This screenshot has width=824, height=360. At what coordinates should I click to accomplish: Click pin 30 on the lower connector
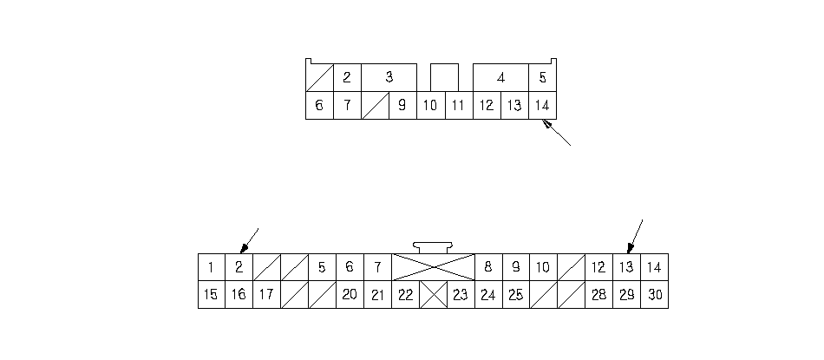tap(655, 295)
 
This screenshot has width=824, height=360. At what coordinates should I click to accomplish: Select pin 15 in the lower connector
tap(211, 295)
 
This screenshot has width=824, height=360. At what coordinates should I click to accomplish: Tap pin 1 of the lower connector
tap(211, 267)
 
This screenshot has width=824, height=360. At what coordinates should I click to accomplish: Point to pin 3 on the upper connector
tap(389, 77)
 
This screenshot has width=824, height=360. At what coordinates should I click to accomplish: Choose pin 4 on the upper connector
tap(500, 77)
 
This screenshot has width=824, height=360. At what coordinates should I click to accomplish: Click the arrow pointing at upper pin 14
tap(556, 134)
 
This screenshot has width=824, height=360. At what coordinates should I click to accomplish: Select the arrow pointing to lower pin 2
tap(249, 239)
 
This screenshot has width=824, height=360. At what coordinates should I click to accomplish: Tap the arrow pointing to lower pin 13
tap(636, 233)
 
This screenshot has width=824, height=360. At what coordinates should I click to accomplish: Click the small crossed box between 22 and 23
tap(433, 295)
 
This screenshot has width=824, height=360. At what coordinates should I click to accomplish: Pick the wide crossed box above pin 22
tap(434, 267)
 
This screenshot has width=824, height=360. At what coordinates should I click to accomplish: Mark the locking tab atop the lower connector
tap(433, 248)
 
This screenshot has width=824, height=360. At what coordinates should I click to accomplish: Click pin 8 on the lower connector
tap(488, 267)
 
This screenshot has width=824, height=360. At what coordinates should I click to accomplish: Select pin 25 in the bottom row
tap(516, 295)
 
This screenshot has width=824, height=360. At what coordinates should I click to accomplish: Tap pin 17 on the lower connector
tap(266, 295)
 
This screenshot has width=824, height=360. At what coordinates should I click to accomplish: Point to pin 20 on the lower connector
tap(350, 295)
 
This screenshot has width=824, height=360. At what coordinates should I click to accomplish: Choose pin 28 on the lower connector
tap(598, 295)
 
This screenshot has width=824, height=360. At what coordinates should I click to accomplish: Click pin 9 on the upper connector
tap(402, 106)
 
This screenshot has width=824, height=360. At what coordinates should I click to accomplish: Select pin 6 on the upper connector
tap(319, 106)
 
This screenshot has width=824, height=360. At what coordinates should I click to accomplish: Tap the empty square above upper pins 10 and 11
tap(444, 76)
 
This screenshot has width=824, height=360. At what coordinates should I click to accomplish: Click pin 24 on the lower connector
tap(488, 295)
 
